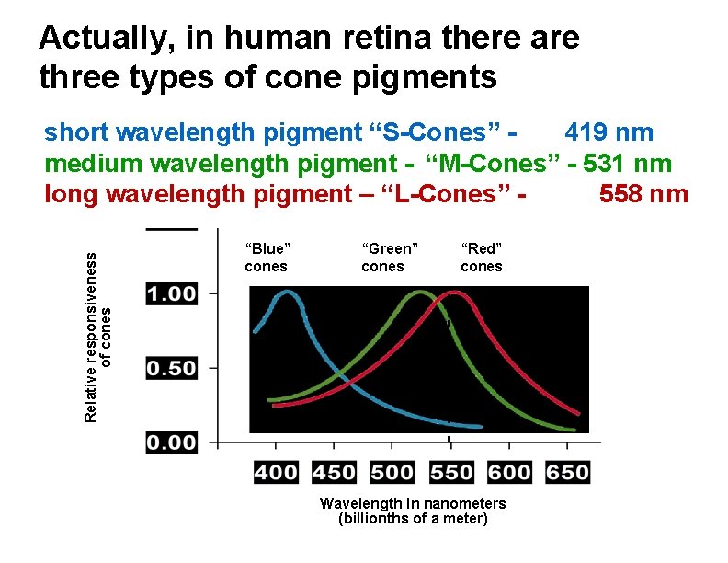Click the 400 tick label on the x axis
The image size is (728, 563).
point(276,473)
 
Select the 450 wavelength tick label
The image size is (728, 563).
point(334,473)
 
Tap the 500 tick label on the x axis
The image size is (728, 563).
point(392,473)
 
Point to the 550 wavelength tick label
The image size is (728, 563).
point(451,473)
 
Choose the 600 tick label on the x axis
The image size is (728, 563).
point(509,473)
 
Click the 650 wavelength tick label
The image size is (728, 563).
point(567,473)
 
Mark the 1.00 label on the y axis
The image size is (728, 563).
point(172,293)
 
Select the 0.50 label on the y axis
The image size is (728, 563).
point(172,368)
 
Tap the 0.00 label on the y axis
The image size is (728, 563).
point(172,442)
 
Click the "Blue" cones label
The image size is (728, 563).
point(267,258)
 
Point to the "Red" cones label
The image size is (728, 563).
point(482,258)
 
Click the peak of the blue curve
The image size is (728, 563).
point(287,293)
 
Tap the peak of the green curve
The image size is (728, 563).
point(419,293)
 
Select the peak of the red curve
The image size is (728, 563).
point(453,293)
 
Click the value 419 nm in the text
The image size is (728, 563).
point(609,132)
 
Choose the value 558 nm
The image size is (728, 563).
point(643,194)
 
